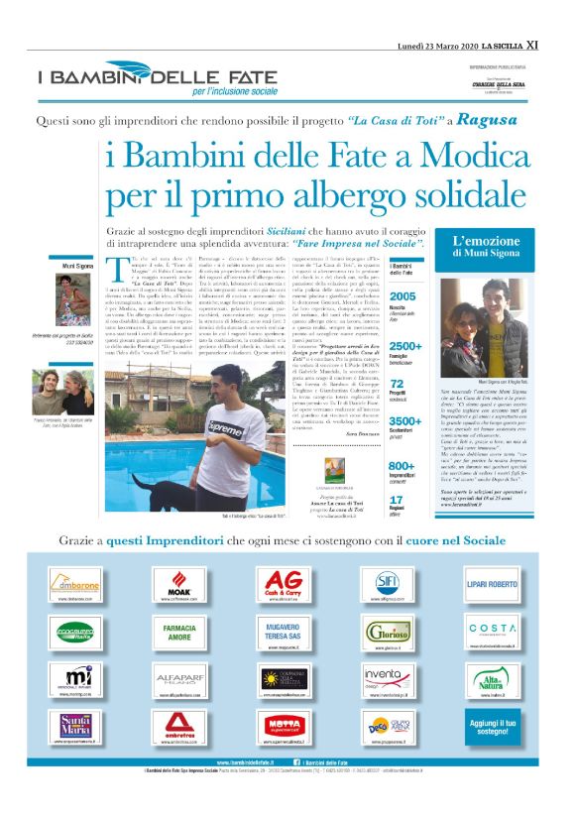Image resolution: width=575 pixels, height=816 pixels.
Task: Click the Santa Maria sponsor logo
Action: (x=80, y=726)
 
